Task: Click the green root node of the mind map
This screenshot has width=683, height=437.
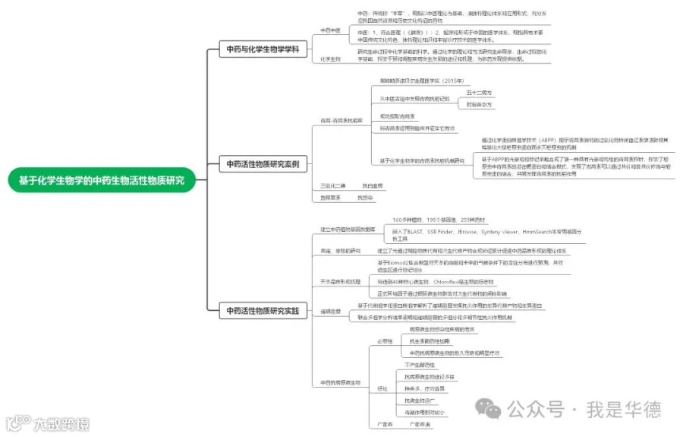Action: click(101, 181)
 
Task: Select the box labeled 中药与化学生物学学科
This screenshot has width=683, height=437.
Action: click(263, 49)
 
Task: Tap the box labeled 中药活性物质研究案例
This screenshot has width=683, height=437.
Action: click(263, 163)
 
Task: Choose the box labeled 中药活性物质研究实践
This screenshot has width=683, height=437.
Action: click(263, 310)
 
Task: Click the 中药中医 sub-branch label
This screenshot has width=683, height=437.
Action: click(330, 30)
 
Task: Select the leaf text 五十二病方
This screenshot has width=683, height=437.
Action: click(479, 92)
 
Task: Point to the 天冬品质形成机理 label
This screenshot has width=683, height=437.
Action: click(341, 281)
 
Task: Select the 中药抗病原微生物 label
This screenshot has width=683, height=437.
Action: click(341, 382)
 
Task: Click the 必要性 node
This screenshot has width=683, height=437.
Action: click(386, 341)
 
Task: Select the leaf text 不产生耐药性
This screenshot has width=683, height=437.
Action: click(420, 366)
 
